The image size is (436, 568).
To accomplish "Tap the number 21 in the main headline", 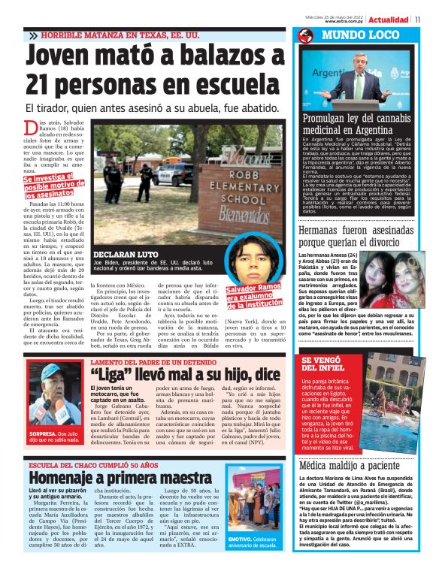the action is [47, 88].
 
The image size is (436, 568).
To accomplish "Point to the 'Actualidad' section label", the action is [389, 19].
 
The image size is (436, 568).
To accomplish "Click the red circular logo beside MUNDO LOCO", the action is [304, 35].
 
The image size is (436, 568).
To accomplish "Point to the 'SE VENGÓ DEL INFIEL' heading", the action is [324, 364].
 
